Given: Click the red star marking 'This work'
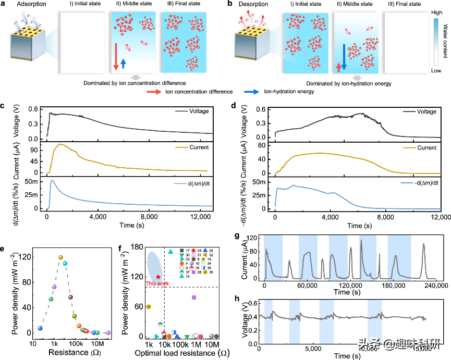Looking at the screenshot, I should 158,277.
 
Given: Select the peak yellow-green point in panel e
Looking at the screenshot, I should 60,257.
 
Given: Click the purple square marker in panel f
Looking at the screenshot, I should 194,297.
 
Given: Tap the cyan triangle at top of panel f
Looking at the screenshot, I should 170,252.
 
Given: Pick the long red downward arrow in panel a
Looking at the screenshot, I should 116,56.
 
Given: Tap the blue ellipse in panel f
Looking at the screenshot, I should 154,265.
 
